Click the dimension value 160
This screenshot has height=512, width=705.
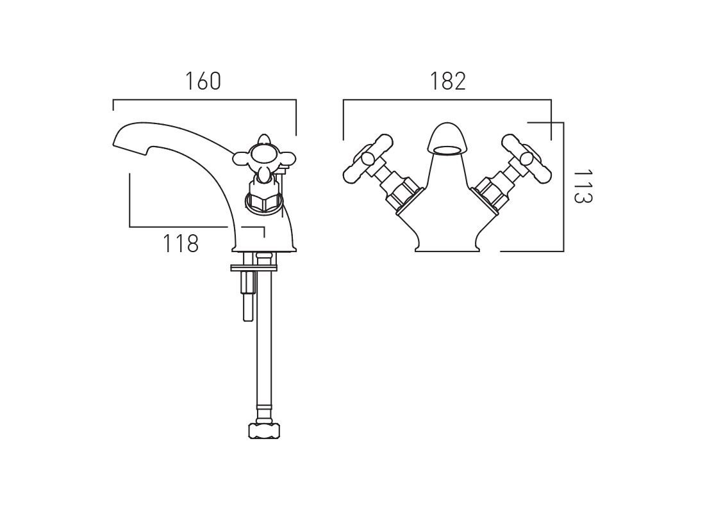pyautogui.click(x=203, y=81)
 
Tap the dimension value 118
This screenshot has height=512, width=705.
pyautogui.click(x=180, y=244)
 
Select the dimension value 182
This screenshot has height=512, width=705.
pyautogui.click(x=448, y=81)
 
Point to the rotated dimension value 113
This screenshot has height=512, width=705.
pyautogui.click(x=583, y=186)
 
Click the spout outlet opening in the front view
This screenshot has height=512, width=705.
pyautogui.click(x=447, y=150)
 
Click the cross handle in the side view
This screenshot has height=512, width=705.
pyautogui.click(x=264, y=157)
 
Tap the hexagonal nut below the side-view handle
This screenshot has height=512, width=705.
pyautogui.click(x=263, y=202)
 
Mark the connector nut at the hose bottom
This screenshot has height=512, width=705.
pyautogui.click(x=265, y=430)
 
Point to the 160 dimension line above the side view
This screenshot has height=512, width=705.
pyautogui.click(x=204, y=100)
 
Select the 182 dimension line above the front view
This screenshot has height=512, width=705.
pyautogui.click(x=447, y=100)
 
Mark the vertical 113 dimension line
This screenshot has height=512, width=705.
pyautogui.click(x=563, y=186)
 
